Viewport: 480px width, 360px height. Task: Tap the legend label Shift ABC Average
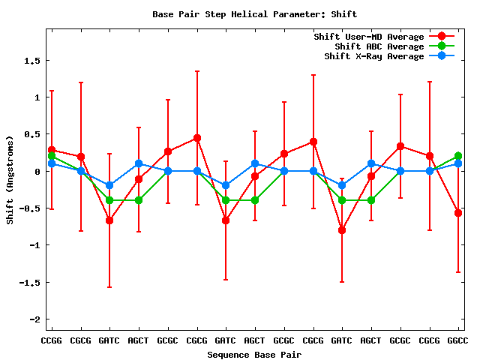(x=379, y=46)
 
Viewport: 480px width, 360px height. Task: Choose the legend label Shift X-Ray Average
(x=374, y=56)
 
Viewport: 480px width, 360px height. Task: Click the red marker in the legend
(x=442, y=37)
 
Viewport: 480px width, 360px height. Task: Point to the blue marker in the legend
(x=442, y=56)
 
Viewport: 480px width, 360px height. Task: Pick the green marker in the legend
(x=442, y=46)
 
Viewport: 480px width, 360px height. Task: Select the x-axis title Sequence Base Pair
(x=254, y=354)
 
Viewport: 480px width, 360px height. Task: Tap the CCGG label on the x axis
(x=51, y=341)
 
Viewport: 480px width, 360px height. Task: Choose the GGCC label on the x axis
(x=457, y=341)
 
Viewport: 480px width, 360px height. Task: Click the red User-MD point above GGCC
(x=457, y=213)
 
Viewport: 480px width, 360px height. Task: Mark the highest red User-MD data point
(x=196, y=138)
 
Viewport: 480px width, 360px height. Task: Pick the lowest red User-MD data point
(x=342, y=230)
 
